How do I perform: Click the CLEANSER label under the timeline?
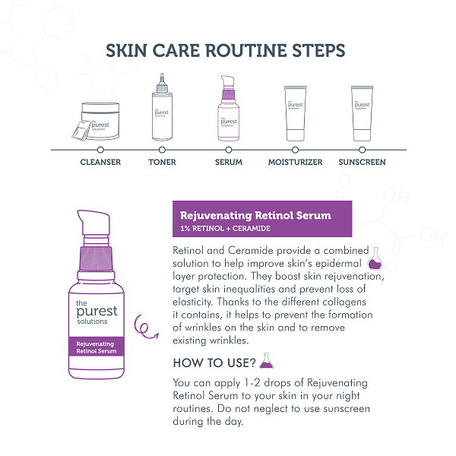pos(100,162)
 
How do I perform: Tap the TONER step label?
pos(162,162)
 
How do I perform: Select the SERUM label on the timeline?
pos(229,162)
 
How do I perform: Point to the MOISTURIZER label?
pos(295,162)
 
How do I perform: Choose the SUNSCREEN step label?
pos(362,162)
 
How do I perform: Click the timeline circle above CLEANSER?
pos(100,150)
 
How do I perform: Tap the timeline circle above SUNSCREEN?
pos(362,150)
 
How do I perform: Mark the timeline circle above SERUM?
pos(229,150)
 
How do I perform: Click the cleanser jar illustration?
pos(96,122)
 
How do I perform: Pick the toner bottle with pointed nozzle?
pos(162,107)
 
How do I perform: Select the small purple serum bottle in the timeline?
pos(229,108)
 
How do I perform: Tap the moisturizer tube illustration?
pos(295,113)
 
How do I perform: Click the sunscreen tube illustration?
pos(362,113)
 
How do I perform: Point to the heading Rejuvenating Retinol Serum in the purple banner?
pos(255,215)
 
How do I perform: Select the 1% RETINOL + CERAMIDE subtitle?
pos(226,229)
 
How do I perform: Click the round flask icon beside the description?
pos(375,259)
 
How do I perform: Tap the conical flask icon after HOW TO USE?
pos(267,360)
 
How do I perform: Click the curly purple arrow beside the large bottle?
pos(145,327)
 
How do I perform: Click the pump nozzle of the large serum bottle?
pos(93,223)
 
